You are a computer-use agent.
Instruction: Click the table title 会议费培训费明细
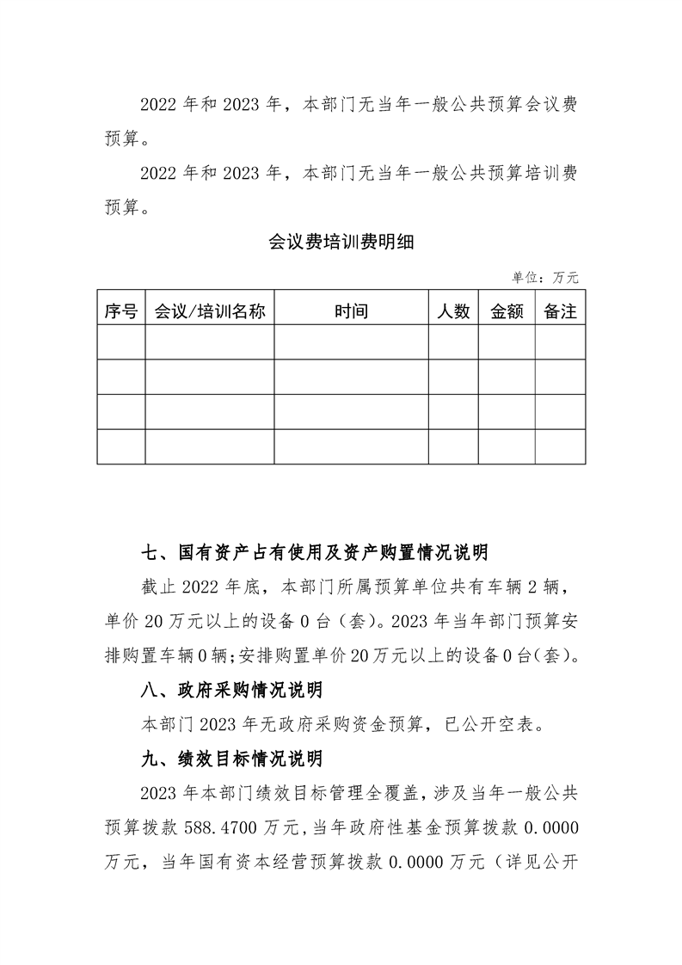(x=341, y=243)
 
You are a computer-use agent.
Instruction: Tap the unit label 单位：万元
(x=545, y=278)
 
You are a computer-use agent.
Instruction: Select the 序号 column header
(x=121, y=312)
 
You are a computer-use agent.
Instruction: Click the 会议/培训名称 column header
(x=209, y=312)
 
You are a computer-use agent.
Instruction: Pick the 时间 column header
(x=351, y=312)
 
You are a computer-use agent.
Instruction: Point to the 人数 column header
(x=453, y=312)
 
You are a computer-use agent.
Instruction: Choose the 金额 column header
(x=507, y=312)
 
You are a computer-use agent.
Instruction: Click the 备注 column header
(x=560, y=312)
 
